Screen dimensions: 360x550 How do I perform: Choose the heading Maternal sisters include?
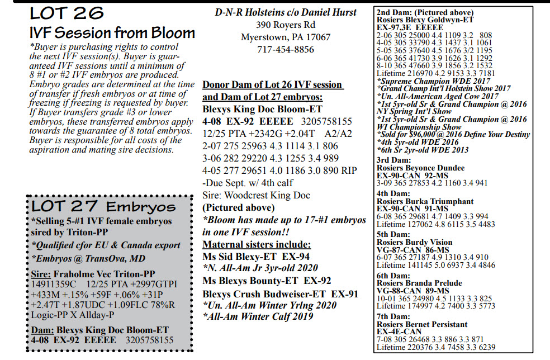256,244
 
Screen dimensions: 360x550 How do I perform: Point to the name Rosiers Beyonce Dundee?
420,168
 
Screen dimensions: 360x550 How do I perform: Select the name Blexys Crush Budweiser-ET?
265,293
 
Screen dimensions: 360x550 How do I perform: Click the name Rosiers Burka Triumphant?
425,201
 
